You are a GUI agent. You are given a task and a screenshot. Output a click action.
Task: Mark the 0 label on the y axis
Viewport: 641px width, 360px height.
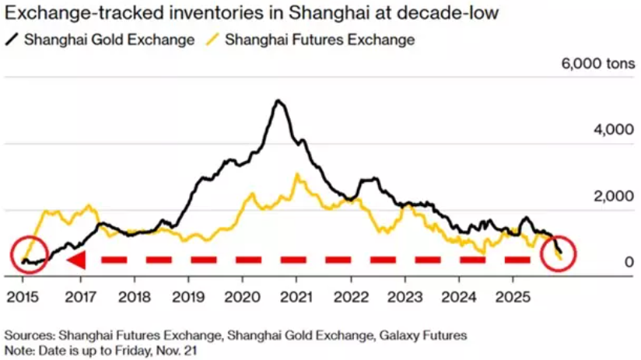[x=617, y=262]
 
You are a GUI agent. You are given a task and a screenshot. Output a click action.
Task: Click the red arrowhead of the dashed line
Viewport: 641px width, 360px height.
[x=75, y=260]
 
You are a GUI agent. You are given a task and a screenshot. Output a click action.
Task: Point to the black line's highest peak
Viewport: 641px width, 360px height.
[x=278, y=101]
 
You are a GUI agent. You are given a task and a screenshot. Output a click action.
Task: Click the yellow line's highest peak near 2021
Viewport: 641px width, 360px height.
[x=296, y=174]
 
